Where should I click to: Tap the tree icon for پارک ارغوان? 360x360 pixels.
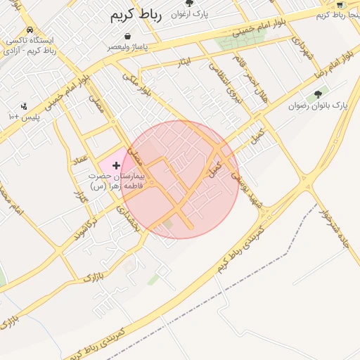coord(188,3)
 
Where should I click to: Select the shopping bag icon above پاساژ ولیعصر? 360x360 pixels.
coord(127,36)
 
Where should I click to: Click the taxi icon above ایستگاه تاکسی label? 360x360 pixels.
coord(29,30)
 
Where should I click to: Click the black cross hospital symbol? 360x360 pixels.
coord(116,165)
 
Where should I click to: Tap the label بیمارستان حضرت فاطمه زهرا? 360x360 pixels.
coord(116,181)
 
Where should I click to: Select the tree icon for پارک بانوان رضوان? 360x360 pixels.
coord(319,94)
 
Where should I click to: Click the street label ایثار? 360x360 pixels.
coord(185,63)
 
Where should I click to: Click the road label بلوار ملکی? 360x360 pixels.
coord(137,84)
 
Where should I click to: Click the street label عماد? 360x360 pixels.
coord(79,161)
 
